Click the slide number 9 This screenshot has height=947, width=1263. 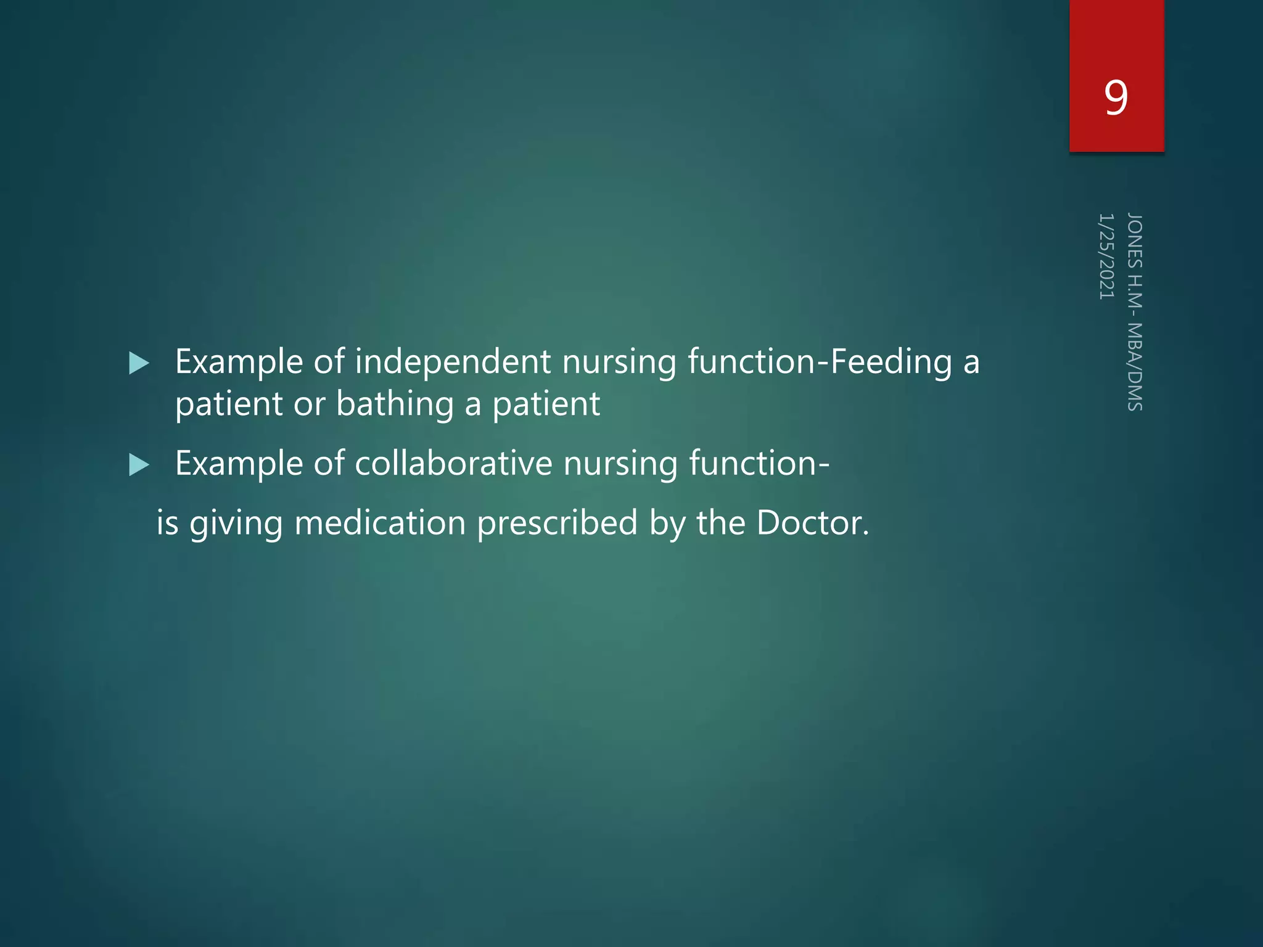pyautogui.click(x=1116, y=97)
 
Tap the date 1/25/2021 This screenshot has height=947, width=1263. pyautogui.click(x=1106, y=256)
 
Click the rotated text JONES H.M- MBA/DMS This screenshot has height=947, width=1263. pyautogui.click(x=1135, y=311)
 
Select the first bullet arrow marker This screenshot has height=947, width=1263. pyautogui.click(x=139, y=363)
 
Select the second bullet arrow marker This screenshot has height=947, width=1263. pyautogui.click(x=139, y=465)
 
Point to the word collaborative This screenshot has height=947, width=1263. pyautogui.click(x=453, y=463)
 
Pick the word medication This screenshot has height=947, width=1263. pyautogui.click(x=380, y=523)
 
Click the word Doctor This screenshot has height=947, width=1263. pyautogui.click(x=812, y=523)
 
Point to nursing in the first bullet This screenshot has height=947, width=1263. pyautogui.click(x=619, y=362)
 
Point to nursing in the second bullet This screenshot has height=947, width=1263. pyautogui.click(x=620, y=464)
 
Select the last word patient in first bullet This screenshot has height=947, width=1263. pyautogui.click(x=546, y=404)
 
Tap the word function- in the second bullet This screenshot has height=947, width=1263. pyautogui.click(x=759, y=464)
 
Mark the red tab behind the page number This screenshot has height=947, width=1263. pyautogui.click(x=1116, y=37)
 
